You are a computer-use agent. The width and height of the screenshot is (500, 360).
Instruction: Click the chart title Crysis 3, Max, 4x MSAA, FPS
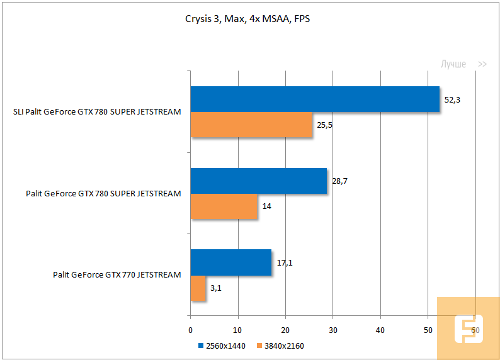coord(247,19)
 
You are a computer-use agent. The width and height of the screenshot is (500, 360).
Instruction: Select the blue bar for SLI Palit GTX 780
coord(315,99)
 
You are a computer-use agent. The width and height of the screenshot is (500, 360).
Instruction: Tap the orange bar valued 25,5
coord(251,125)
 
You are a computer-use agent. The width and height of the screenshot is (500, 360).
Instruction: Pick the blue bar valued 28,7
coord(259,181)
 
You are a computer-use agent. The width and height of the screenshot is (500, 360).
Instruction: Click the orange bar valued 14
coord(224,206)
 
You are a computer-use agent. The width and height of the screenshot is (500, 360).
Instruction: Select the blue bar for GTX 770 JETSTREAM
coord(231,262)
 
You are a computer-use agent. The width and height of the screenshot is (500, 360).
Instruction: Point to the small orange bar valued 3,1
coord(198,288)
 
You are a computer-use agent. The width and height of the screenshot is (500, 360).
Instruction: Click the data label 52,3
coord(453,100)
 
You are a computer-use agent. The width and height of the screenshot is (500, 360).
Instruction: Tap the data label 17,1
coord(285,262)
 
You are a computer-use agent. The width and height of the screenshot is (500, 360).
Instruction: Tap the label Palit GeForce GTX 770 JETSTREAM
coord(117,274)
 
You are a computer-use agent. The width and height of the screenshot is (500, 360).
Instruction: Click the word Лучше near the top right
coord(453,64)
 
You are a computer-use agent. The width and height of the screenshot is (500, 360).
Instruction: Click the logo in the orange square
coord(468,329)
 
